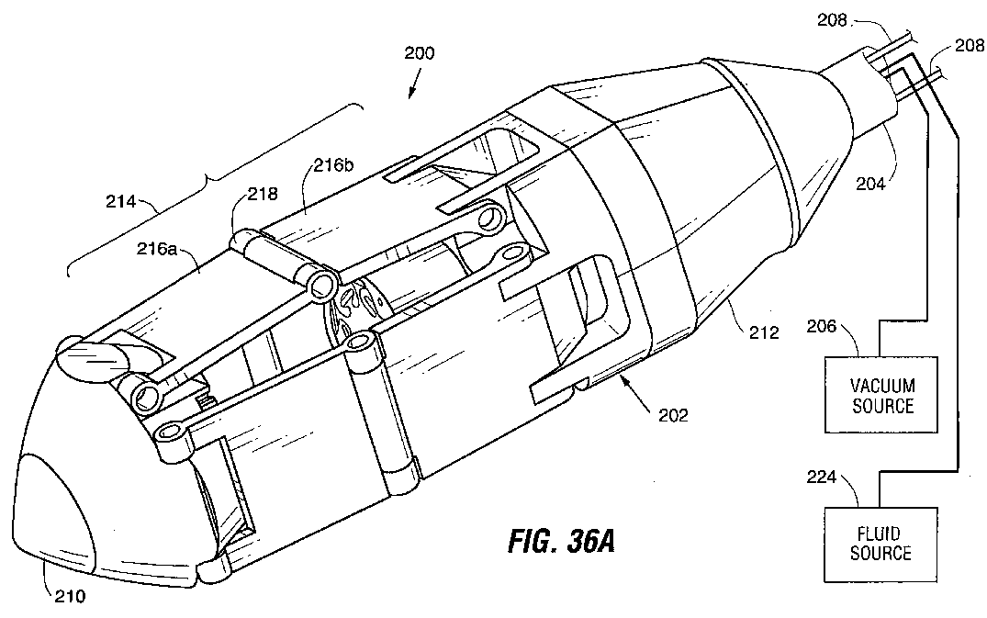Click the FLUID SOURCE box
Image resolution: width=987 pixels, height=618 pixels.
880,543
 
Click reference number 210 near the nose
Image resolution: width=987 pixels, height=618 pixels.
67,596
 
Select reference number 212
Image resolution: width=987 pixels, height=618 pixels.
763,332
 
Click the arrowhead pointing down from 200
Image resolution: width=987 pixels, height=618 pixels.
409,93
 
